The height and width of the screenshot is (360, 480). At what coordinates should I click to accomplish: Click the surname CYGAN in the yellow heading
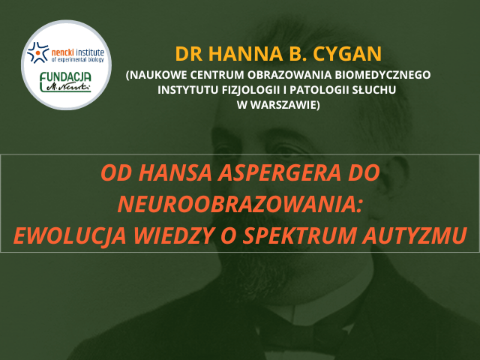[x=347, y=54]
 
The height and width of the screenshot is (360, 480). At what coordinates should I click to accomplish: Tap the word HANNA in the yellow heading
[x=245, y=54]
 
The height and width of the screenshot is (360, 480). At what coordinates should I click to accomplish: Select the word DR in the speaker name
[x=188, y=54]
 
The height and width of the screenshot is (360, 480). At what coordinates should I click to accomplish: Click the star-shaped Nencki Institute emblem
[x=37, y=52]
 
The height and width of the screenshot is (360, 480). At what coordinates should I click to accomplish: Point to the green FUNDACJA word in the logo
[x=65, y=78]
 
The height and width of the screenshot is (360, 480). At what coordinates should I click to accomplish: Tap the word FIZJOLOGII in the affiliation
[x=247, y=90]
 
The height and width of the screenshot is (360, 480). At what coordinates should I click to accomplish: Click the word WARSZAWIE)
[x=285, y=105]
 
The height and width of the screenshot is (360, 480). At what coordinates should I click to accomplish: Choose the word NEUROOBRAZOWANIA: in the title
[x=240, y=205]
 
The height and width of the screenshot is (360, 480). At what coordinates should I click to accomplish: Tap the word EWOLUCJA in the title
[x=70, y=235]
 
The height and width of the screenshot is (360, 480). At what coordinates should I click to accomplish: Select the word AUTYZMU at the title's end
[x=415, y=235]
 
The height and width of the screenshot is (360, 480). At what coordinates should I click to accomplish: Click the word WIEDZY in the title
[x=172, y=235]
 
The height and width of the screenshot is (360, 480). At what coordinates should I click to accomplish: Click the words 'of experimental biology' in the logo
[x=78, y=59]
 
